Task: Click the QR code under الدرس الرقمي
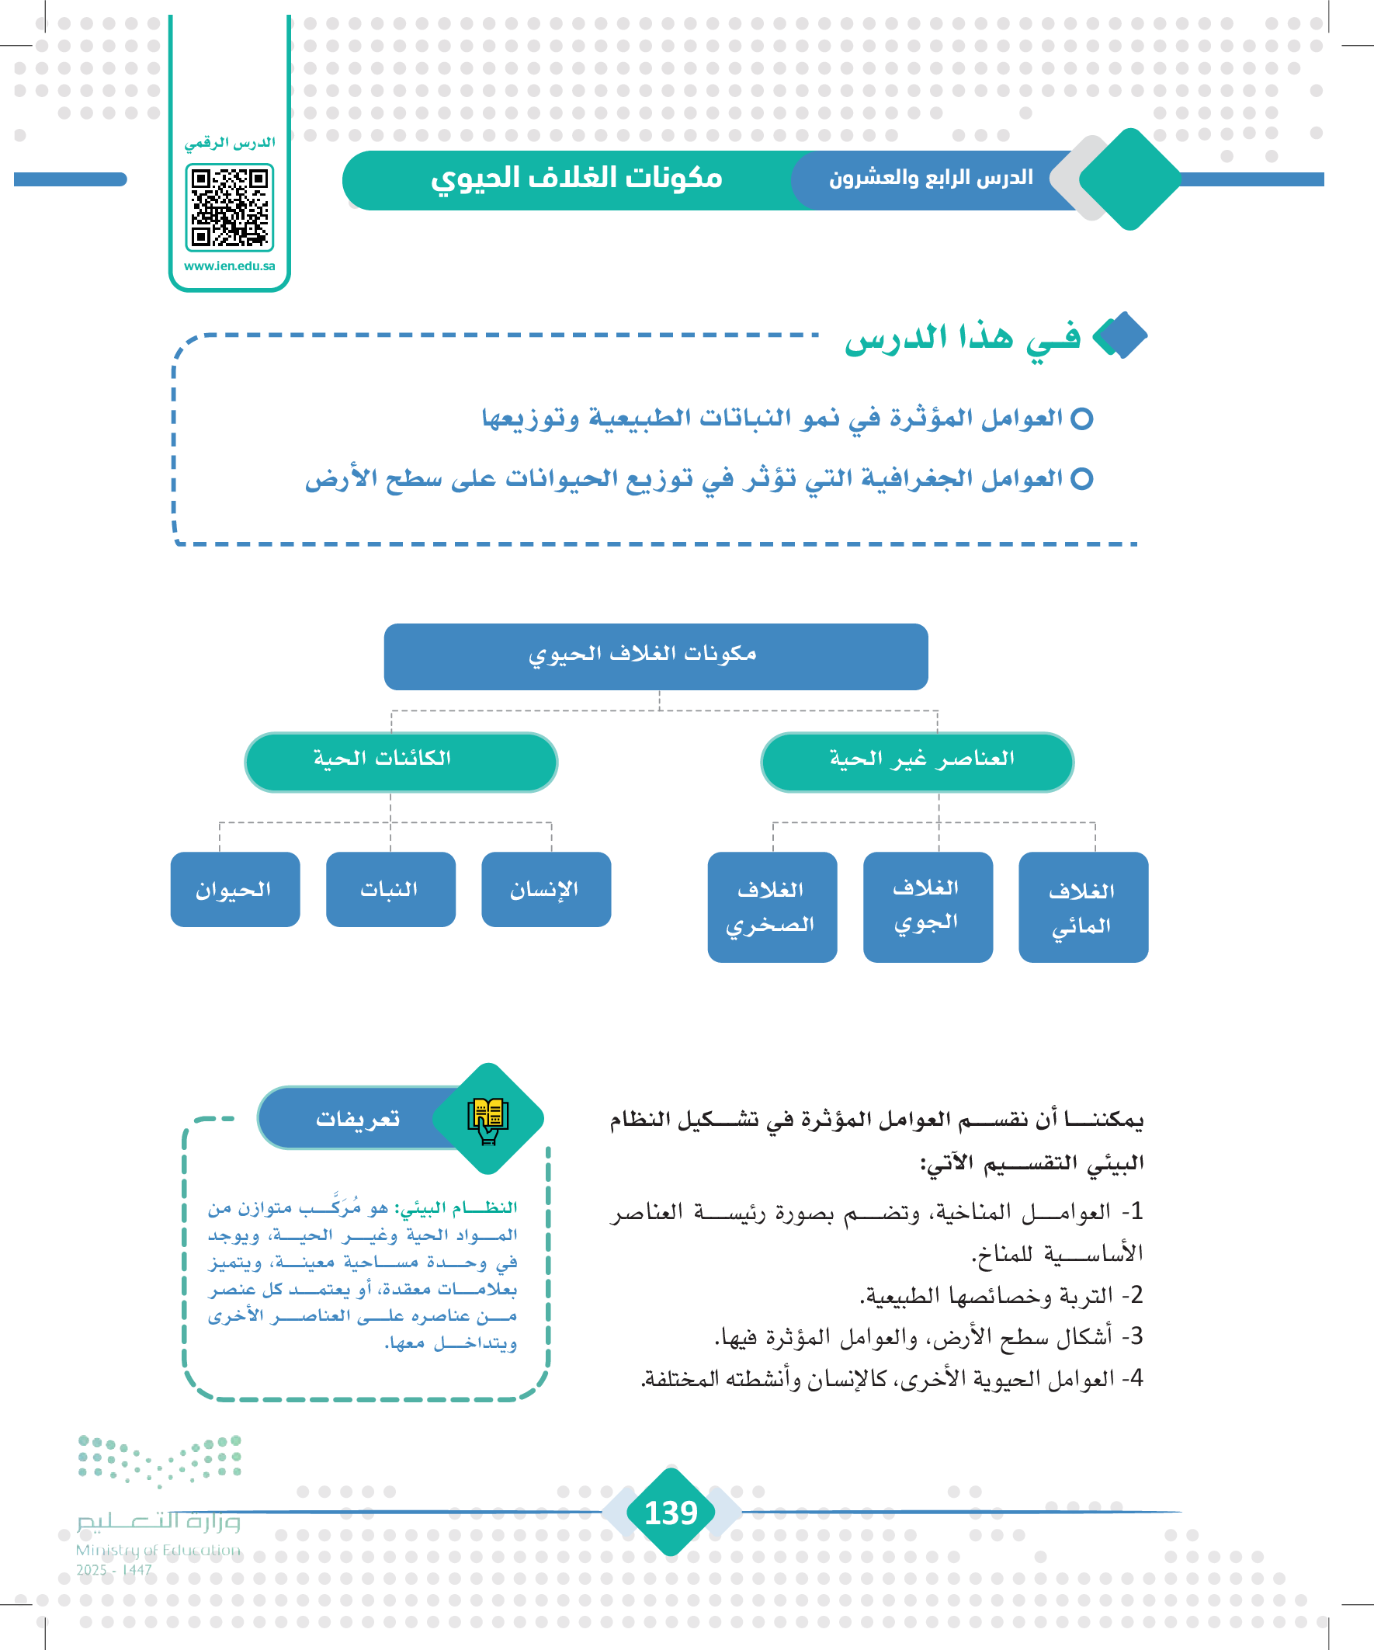pyautogui.click(x=230, y=207)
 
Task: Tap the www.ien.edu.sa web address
pyautogui.click(x=230, y=266)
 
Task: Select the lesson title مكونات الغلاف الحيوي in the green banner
pyautogui.click(x=576, y=179)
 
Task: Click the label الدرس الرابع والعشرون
pyautogui.click(x=931, y=179)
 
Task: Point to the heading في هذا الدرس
pyautogui.click(x=962, y=339)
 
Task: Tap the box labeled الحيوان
pyautogui.click(x=235, y=889)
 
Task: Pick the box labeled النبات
pyautogui.click(x=390, y=889)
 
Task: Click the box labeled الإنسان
pyautogui.click(x=546, y=889)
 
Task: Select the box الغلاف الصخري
pyautogui.click(x=772, y=907)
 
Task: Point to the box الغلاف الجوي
pyautogui.click(x=927, y=907)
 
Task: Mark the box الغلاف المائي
pyautogui.click(x=1083, y=907)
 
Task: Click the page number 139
pyautogui.click(x=670, y=1512)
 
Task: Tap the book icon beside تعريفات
pyautogui.click(x=487, y=1118)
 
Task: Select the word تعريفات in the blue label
pyautogui.click(x=358, y=1118)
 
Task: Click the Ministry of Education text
pyautogui.click(x=158, y=1550)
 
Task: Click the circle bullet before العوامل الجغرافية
pyautogui.click(x=1082, y=478)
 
